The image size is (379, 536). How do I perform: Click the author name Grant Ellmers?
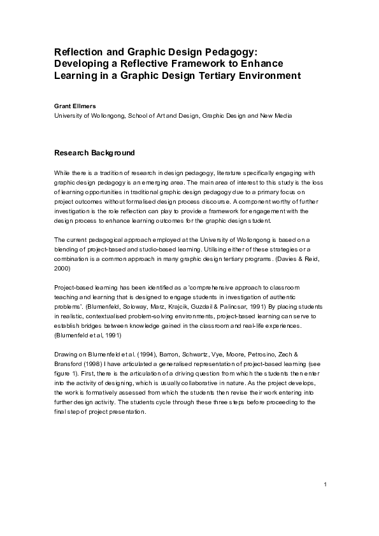point(73,105)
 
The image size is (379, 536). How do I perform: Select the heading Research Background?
point(94,153)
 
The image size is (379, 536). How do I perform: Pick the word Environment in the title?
point(263,76)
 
